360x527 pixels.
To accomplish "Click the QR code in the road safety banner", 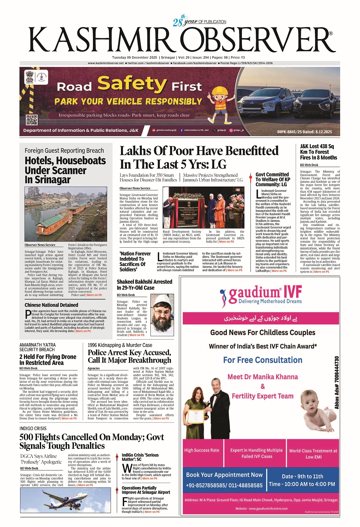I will (32, 120).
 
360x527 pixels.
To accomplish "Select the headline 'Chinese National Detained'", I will (51, 305).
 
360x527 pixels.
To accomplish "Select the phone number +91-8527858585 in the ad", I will (224, 485).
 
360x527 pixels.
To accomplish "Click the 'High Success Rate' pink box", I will (202, 450).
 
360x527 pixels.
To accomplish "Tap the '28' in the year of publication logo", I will (177, 22).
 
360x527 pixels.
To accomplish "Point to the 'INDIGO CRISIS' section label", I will (33, 428).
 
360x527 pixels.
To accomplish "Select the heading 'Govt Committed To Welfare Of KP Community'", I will (273, 179).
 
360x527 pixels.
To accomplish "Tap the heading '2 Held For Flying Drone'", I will (48, 359).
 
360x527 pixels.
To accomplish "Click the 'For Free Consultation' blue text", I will (263, 360).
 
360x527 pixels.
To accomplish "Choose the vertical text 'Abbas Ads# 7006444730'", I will (337, 382).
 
